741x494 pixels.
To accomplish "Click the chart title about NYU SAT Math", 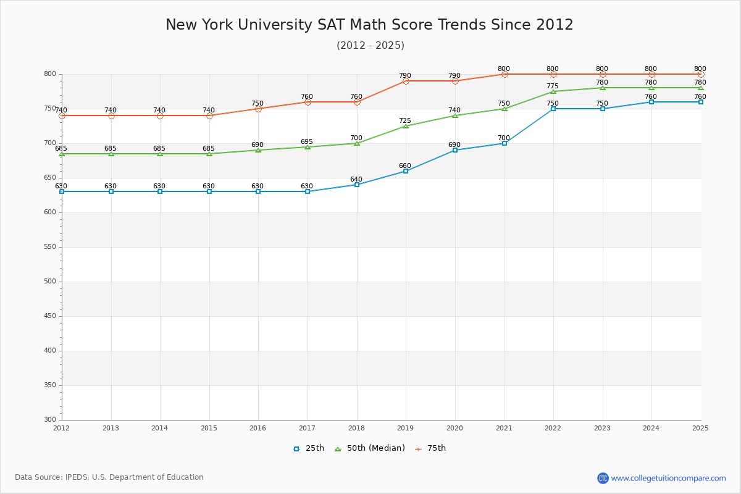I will click(x=369, y=25).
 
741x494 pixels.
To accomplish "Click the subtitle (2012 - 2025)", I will click(x=371, y=46).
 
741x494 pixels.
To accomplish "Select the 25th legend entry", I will click(x=309, y=448).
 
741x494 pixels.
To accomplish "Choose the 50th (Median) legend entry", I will click(x=370, y=448).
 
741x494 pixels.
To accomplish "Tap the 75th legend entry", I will click(x=430, y=448).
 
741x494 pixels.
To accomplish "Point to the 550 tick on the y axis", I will click(x=49, y=247).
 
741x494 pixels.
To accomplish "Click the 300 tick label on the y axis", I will click(x=49, y=420).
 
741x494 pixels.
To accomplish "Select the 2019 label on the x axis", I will click(x=406, y=428).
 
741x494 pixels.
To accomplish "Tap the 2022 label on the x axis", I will click(x=553, y=428).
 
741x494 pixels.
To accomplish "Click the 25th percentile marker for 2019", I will click(x=406, y=171).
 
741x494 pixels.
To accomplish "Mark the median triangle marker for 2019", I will click(x=406, y=126).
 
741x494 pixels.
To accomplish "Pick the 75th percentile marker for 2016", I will click(x=258, y=109).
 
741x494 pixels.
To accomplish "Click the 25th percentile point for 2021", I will click(x=504, y=143).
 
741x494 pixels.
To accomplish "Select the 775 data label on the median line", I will click(x=553, y=86).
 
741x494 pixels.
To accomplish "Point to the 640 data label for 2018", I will click(x=356, y=180).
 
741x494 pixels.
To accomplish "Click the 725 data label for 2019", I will click(x=405, y=121).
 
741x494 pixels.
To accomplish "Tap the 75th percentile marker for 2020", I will click(x=455, y=81).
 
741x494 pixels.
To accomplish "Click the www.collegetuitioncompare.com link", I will click(x=668, y=478).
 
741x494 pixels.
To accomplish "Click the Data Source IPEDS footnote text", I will click(x=109, y=477).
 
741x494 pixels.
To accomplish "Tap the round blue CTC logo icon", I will click(x=603, y=478).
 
